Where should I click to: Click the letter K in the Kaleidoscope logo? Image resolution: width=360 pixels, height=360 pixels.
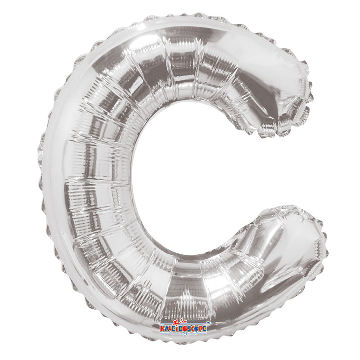click(163, 329)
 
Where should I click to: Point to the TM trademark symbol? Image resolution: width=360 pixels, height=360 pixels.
click(208, 323)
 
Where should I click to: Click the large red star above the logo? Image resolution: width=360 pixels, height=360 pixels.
click(177, 323)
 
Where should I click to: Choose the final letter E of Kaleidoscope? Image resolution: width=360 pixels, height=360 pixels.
click(204, 329)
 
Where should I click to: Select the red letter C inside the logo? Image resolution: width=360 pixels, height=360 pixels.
click(192, 329)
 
